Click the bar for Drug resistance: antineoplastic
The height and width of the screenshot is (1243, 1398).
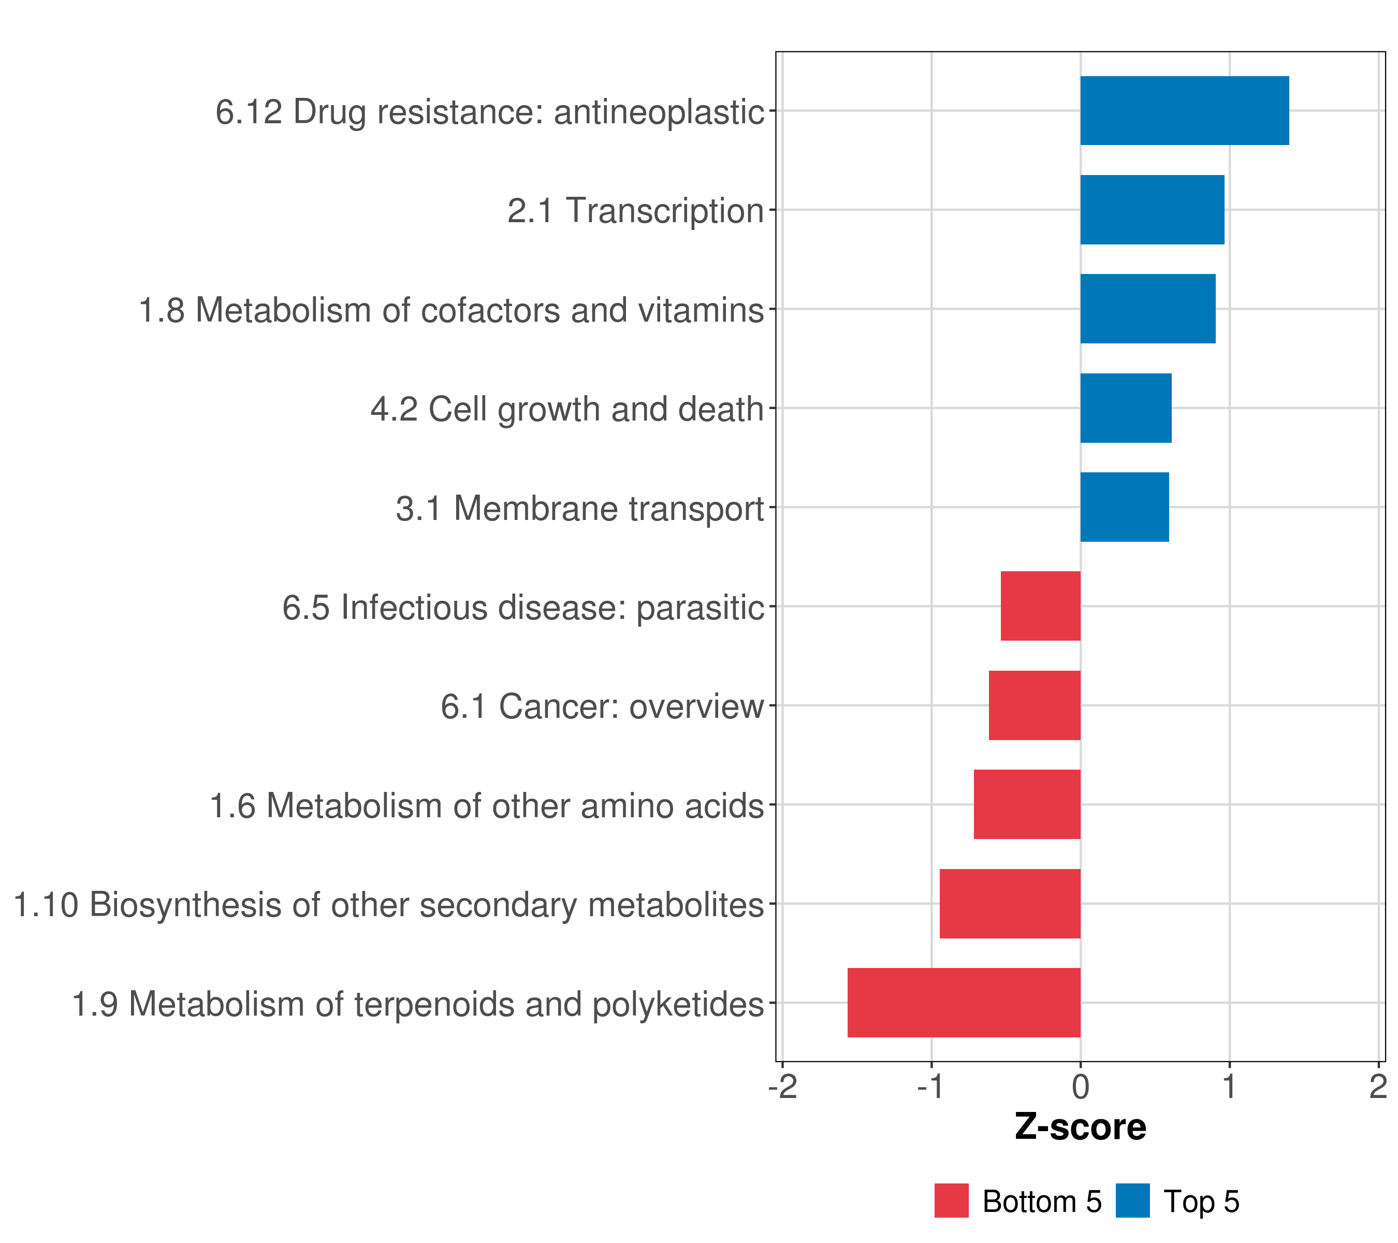[1185, 111]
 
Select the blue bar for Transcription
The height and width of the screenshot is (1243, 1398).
[1153, 210]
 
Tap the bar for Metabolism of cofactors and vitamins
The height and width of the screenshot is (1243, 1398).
[1148, 309]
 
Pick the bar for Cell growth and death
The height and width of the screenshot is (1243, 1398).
[1126, 409]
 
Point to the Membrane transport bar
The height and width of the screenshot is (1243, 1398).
[1125, 507]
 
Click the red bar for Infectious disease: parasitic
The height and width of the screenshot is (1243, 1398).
[1041, 606]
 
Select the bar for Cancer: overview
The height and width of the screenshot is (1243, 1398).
[1035, 705]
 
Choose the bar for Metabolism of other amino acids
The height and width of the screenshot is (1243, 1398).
[1027, 804]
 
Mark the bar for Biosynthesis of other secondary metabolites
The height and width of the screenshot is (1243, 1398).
[1010, 904]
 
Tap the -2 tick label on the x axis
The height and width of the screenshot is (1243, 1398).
[783, 1087]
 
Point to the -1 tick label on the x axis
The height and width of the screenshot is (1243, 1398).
[931, 1087]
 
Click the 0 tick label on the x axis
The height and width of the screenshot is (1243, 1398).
[1081, 1087]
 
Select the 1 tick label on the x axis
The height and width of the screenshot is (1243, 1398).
[1230, 1087]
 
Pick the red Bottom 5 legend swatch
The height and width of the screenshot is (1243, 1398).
[951, 1201]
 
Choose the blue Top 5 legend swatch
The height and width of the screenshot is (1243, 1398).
[1132, 1201]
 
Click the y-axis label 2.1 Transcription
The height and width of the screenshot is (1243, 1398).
[635, 211]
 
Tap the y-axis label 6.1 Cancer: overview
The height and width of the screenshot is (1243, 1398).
[602, 706]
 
